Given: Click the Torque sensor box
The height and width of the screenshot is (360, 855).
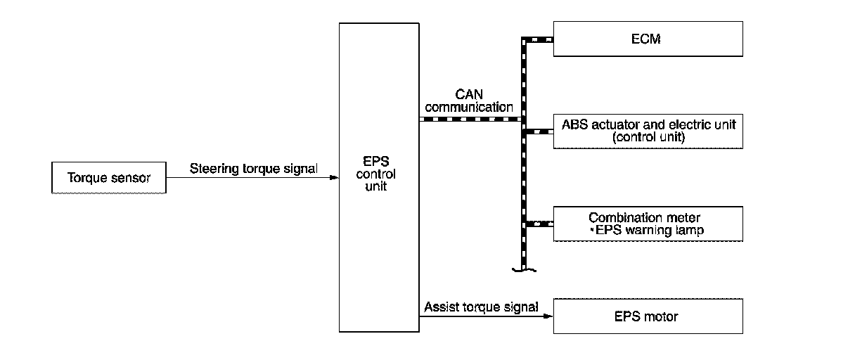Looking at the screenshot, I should click(x=109, y=178).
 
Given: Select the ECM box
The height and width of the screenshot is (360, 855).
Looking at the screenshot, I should click(x=648, y=39).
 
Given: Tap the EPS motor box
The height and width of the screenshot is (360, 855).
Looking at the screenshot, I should click(x=648, y=316).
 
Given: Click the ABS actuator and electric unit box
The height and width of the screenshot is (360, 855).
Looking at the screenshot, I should click(x=648, y=131).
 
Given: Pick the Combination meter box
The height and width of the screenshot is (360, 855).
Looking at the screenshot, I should click(x=648, y=224).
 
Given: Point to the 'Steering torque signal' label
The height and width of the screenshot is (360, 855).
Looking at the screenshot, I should click(x=253, y=169).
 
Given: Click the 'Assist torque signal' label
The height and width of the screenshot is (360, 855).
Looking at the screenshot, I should click(x=481, y=307).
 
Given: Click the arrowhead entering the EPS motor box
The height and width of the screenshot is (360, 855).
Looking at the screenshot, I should click(x=549, y=316).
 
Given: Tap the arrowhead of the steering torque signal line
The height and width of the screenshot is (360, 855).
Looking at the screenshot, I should click(x=335, y=178).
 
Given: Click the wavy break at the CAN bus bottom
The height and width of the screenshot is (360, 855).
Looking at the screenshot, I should click(x=525, y=268).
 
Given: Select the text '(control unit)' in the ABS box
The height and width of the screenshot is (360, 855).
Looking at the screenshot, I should click(x=648, y=137).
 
